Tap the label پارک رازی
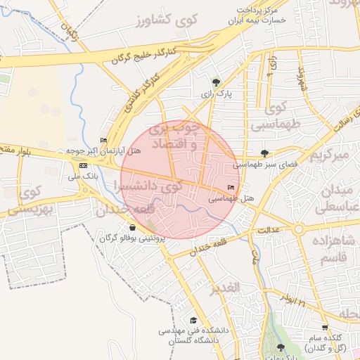coord(216,94)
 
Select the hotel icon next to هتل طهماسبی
coord(231,188)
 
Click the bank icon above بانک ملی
coord(84,165)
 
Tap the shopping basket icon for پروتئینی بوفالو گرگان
coord(133,227)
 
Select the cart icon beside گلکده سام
coord(324,328)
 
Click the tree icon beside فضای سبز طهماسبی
coord(264,153)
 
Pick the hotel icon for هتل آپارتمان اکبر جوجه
coord(104,140)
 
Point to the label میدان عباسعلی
coord(337,200)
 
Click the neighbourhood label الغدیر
coord(225,288)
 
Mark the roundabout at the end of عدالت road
coord(300,229)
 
